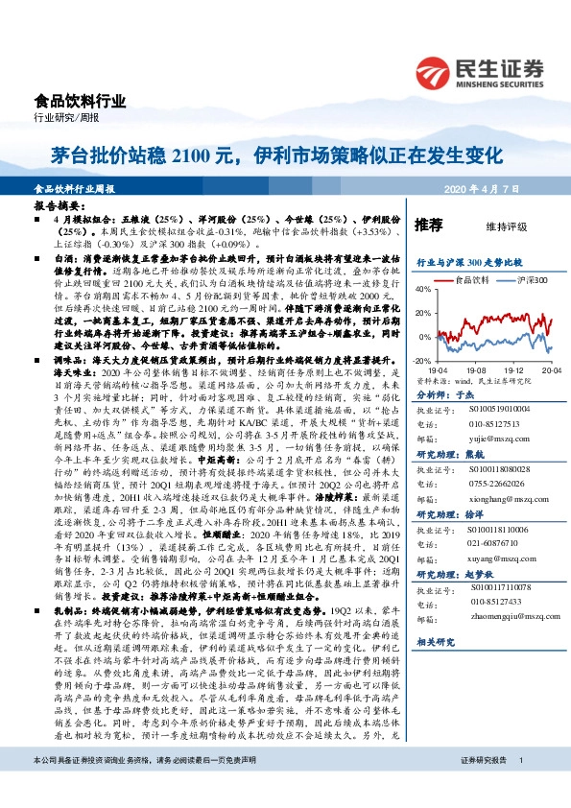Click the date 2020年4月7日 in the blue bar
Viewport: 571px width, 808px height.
coord(498,188)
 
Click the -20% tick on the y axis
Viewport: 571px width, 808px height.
coord(422,360)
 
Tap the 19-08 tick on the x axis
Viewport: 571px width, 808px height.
coord(477,368)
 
